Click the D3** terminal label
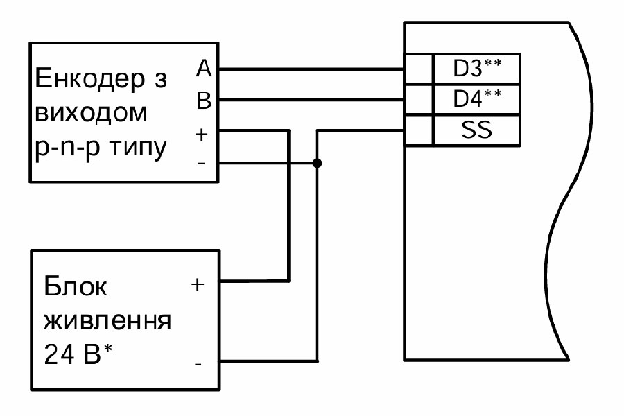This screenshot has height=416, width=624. tap(476, 69)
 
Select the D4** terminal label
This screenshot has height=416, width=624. tap(476, 100)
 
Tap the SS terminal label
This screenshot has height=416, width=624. tap(476, 130)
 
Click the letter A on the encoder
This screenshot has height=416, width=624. tap(204, 68)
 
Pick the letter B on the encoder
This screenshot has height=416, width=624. tap(204, 101)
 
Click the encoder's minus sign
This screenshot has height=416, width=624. tap(202, 164)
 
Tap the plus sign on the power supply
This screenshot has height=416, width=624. tap(198, 284)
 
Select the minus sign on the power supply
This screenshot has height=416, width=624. tap(198, 363)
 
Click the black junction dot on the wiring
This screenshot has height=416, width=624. tap(317, 164)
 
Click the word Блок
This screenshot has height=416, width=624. tap(76, 287)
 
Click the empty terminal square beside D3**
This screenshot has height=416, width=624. tap(418, 69)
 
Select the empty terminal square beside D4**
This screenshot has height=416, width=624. tap(418, 100)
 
